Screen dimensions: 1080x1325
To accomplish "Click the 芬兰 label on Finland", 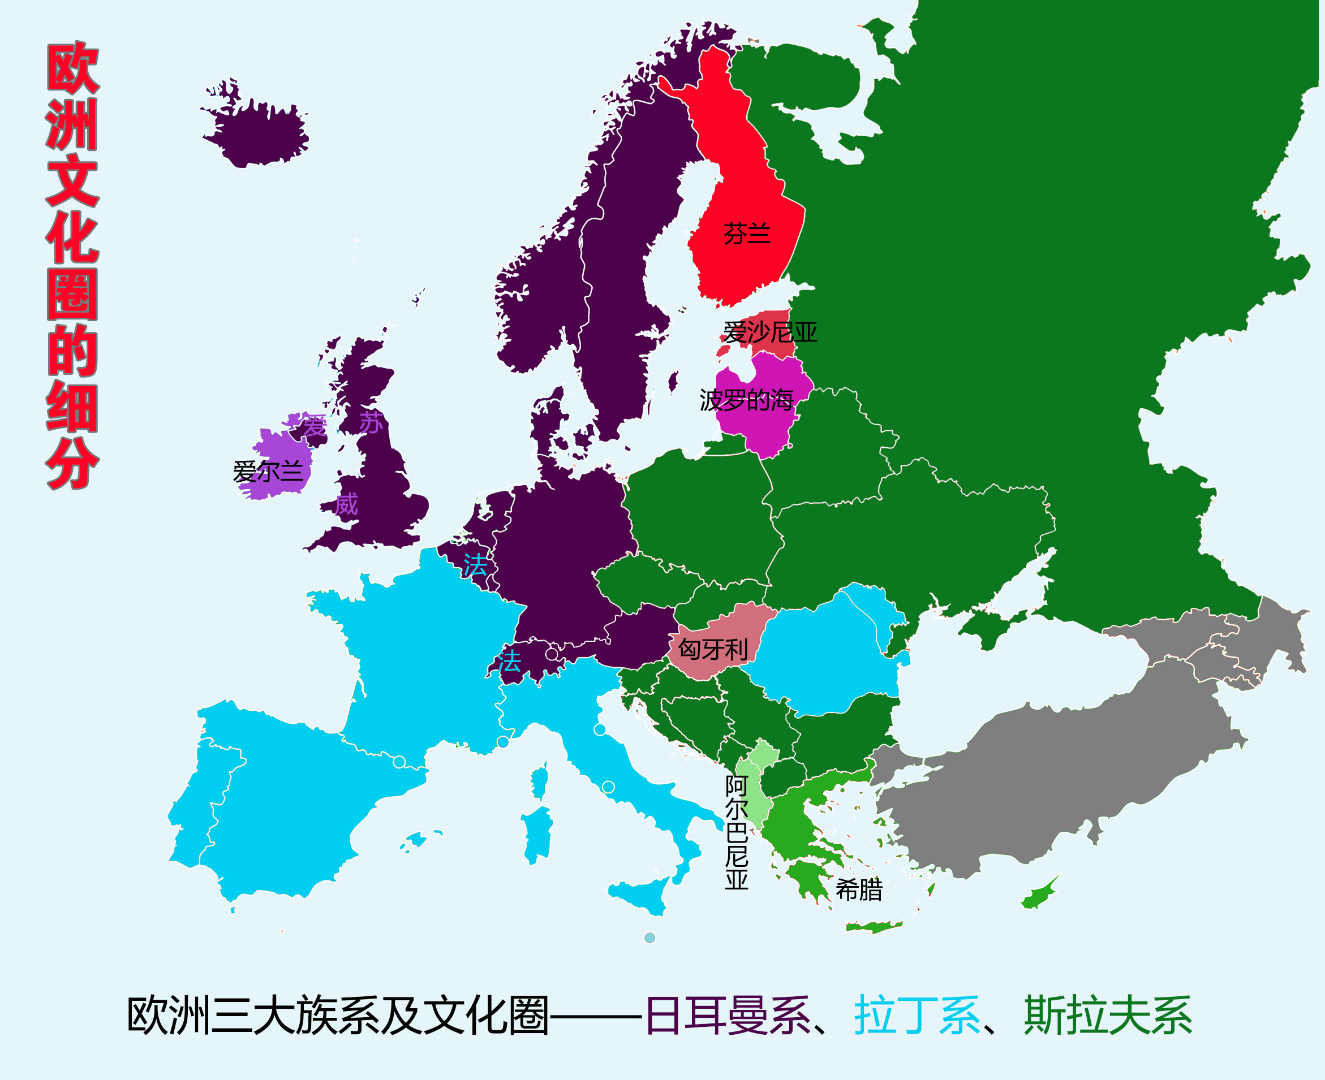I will tap(746, 234).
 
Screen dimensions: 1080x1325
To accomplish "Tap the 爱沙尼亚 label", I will tap(770, 332).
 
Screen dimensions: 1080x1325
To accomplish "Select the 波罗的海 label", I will tap(746, 400).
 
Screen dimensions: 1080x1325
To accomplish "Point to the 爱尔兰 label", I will tap(268, 472).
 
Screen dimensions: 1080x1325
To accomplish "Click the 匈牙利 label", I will tap(713, 650).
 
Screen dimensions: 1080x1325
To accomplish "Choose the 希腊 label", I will tap(859, 890).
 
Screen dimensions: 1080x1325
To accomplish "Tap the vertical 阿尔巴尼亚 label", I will tap(736, 832).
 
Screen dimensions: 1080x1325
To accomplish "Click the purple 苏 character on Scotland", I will tap(371, 422).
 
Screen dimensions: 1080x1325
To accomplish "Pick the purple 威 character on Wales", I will tap(346, 503).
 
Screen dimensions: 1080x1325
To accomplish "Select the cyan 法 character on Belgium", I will tap(475, 565).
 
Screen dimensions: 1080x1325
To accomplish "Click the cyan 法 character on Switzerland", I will tap(509, 662).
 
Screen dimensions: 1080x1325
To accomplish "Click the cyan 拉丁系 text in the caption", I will tap(917, 1016).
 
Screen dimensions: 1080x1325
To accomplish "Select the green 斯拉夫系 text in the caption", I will tap(1108, 1016).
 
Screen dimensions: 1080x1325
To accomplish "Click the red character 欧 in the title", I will tap(72, 68).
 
